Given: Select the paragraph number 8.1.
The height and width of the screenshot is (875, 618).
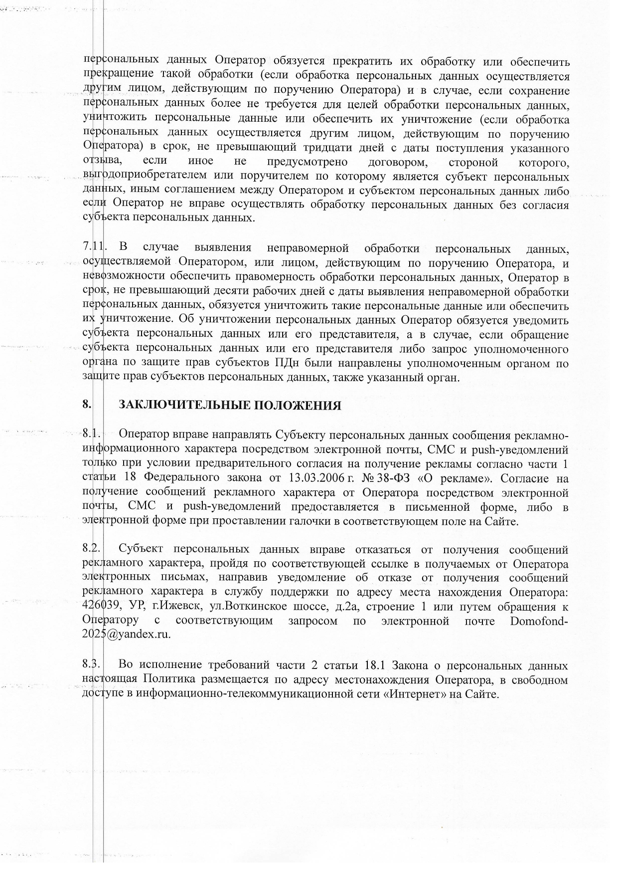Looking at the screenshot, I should [x=92, y=434].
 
